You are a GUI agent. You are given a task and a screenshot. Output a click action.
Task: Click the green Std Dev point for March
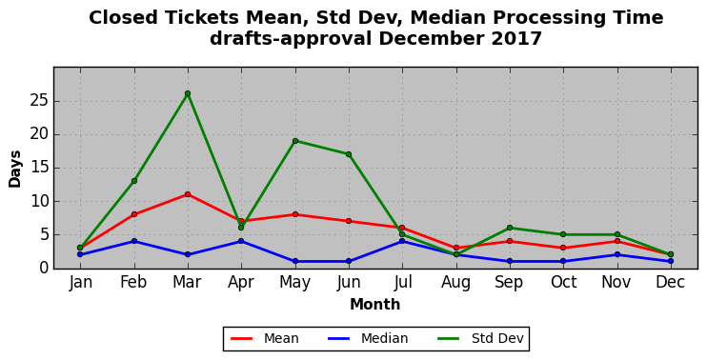coord(188,93)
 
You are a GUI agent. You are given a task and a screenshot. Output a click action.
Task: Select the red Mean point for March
coord(188,194)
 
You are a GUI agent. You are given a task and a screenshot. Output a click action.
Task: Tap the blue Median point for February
coord(134,241)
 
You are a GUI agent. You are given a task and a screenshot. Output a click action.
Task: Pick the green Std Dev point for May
coord(295,141)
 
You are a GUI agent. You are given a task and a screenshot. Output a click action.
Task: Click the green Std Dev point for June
coord(349,154)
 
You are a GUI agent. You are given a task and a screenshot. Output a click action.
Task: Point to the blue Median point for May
coord(295,261)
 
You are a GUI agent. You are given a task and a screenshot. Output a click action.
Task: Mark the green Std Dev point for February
coord(134,181)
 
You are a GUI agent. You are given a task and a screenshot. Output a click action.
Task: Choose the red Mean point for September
coord(510,241)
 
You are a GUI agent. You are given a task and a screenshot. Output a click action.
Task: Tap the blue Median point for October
coord(564,261)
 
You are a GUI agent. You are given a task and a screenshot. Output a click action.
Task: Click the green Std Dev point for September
coord(510,228)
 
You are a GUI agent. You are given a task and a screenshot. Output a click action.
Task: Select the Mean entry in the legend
coord(265,338)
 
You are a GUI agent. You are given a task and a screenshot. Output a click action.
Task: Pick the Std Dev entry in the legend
coord(480,338)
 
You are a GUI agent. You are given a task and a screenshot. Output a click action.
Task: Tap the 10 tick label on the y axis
coord(39,201)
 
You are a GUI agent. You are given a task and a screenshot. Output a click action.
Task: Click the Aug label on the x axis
coord(456,283)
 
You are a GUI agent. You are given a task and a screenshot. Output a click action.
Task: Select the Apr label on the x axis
coord(241,283)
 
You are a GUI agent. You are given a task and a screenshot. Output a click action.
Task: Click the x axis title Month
coord(375,305)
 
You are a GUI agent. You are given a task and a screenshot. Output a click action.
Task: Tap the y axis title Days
coord(15,169)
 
